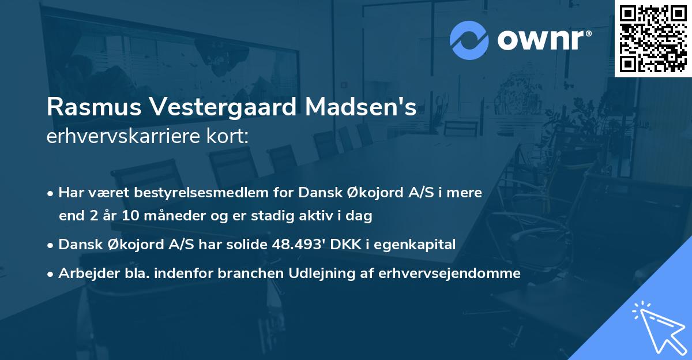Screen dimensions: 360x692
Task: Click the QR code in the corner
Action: click(x=653, y=39)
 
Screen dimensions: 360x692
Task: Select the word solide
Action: click(x=247, y=245)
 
